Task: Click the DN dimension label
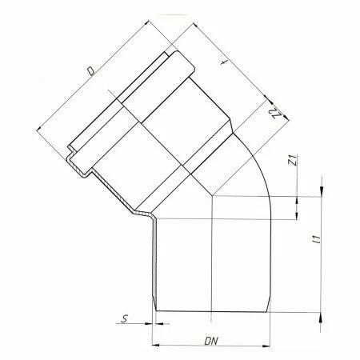(x=211, y=341)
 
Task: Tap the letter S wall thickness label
(x=125, y=318)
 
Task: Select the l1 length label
(x=317, y=239)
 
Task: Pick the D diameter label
(x=91, y=71)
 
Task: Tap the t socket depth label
(x=224, y=62)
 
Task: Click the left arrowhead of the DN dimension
(x=155, y=346)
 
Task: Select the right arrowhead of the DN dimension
(x=266, y=346)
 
